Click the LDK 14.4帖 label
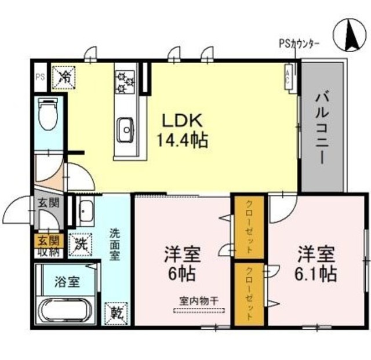click(181, 130)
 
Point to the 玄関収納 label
click(48, 246)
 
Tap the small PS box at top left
click(40, 76)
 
